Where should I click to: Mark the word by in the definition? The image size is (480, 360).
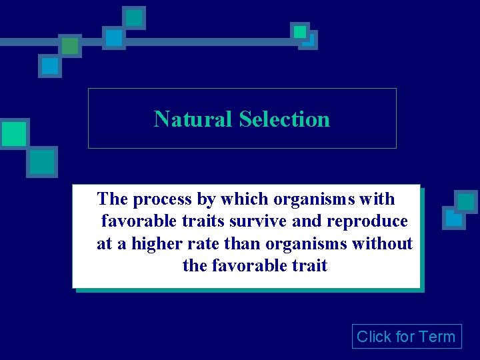click(x=207, y=199)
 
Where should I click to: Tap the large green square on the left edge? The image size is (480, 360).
click(x=13, y=133)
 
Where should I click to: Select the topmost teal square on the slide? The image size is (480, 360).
click(x=135, y=17)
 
